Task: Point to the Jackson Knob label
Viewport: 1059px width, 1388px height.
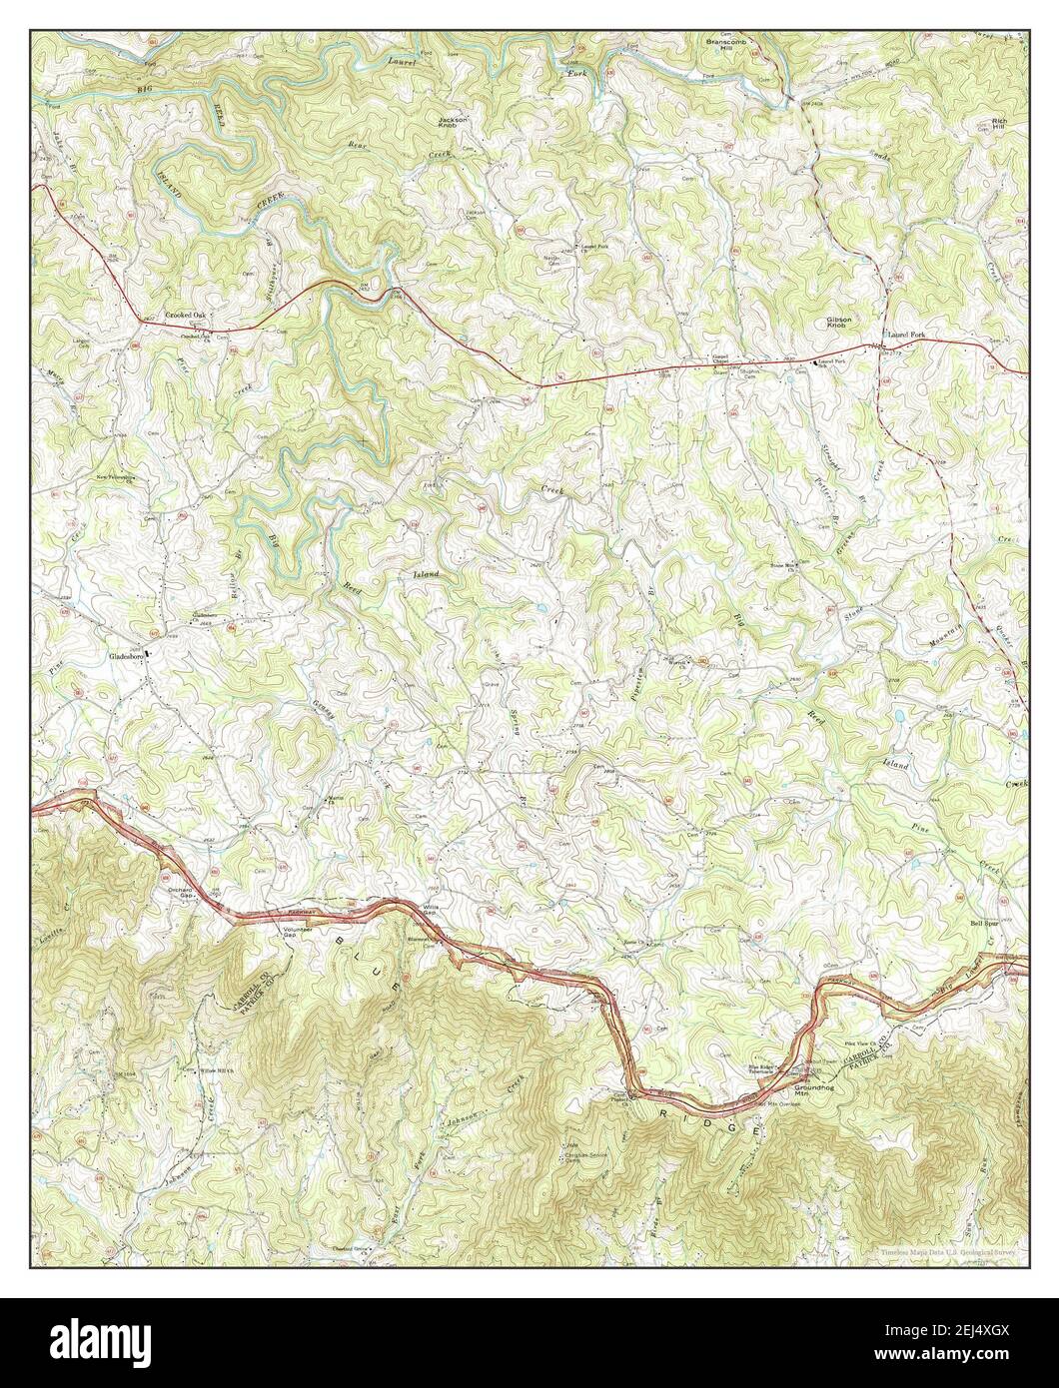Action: coord(453,123)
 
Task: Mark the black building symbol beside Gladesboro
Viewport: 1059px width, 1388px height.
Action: coord(150,654)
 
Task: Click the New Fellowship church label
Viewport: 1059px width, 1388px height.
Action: coord(115,477)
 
